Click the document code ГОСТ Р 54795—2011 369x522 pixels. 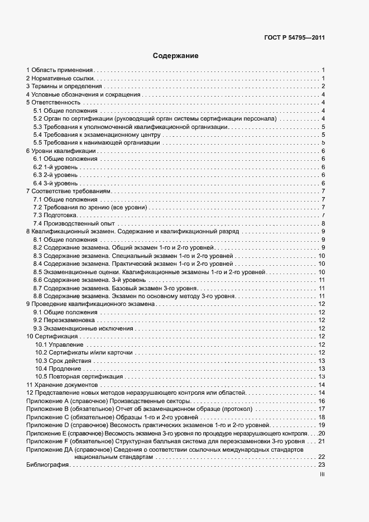(294, 38)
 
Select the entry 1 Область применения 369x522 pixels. (59, 70)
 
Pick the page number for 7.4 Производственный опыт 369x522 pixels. (323, 223)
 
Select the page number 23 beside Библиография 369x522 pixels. (321, 465)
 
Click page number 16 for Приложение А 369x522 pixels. (321, 401)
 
